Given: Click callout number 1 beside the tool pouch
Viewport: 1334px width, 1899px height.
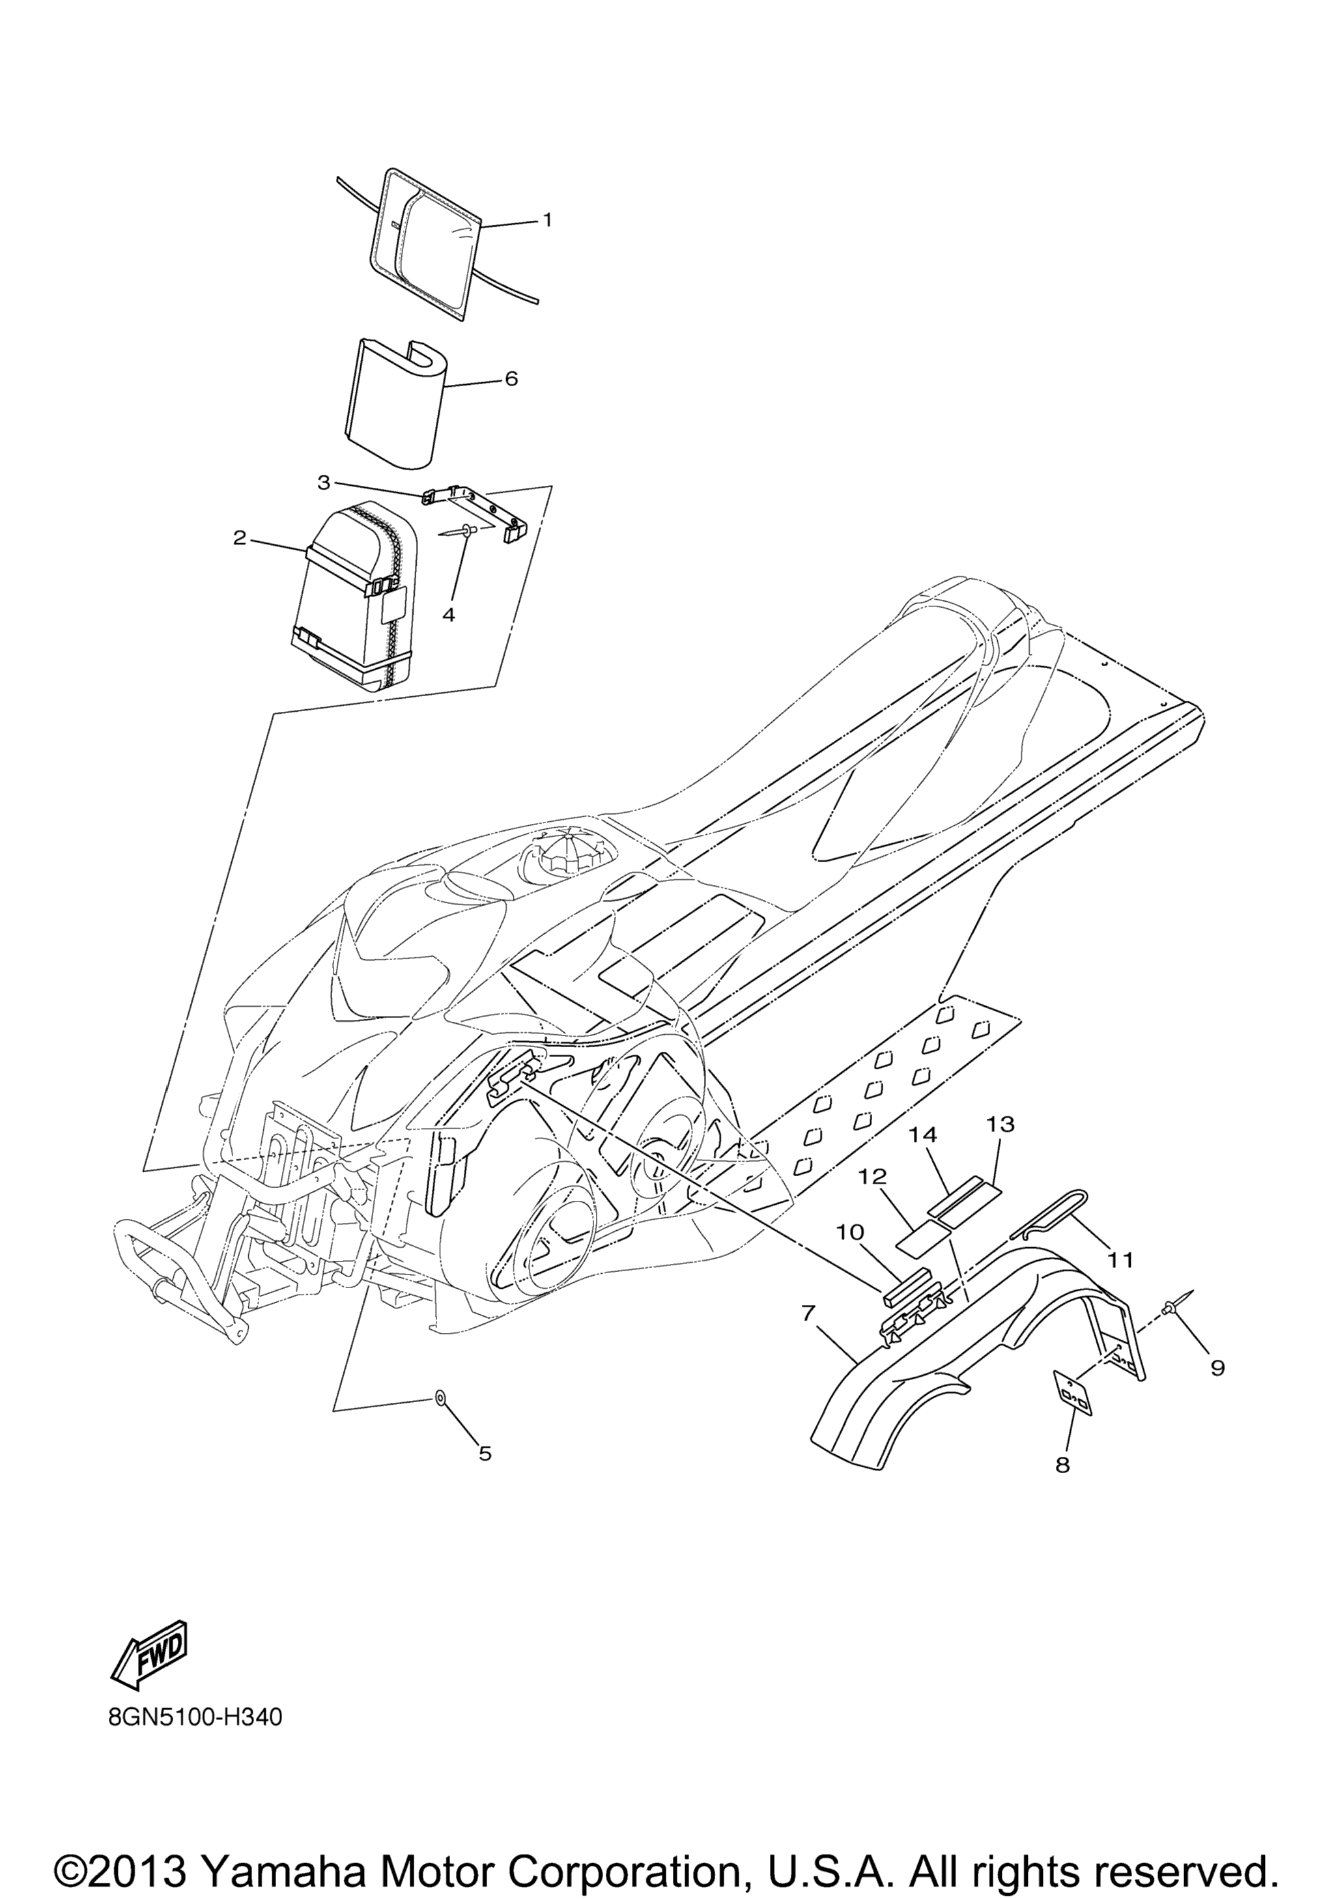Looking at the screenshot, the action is [546, 220].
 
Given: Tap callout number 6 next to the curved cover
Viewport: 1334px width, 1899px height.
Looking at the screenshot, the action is [511, 379].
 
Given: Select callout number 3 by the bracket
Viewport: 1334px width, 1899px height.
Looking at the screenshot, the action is [324, 481].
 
